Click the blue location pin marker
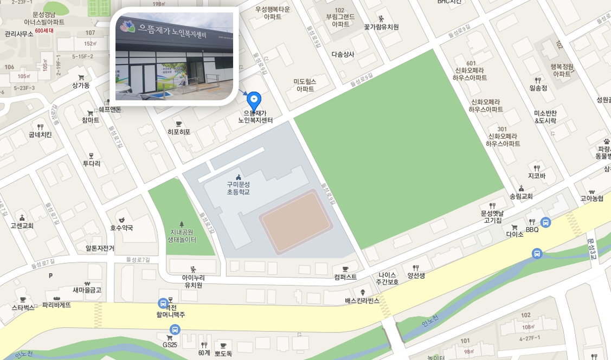click(x=254, y=100)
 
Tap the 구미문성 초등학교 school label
click(x=239, y=188)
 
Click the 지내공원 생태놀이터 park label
click(x=181, y=235)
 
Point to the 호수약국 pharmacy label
click(x=121, y=228)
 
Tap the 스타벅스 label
click(x=22, y=307)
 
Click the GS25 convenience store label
click(x=170, y=344)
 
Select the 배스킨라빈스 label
click(x=362, y=300)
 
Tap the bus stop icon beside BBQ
click(x=546, y=222)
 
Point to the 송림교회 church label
click(x=521, y=196)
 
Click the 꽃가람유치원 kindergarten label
click(x=381, y=27)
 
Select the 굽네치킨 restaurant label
click(x=40, y=134)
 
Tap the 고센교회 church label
click(x=22, y=225)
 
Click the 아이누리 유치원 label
click(x=193, y=281)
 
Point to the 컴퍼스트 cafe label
click(x=345, y=277)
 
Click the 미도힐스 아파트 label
click(x=305, y=85)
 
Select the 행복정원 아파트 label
click(x=562, y=70)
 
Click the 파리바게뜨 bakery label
click(x=57, y=305)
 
